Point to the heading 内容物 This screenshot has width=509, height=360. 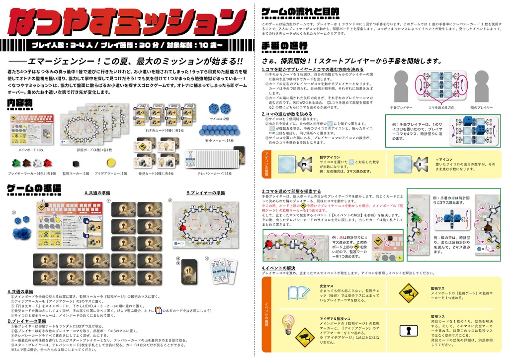click(x=20, y=102)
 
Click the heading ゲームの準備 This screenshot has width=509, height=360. click(x=34, y=188)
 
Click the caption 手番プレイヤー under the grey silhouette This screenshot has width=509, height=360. click(x=401, y=107)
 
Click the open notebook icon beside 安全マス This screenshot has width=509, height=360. click(x=296, y=293)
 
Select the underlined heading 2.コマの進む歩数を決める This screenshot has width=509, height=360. click(x=287, y=114)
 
